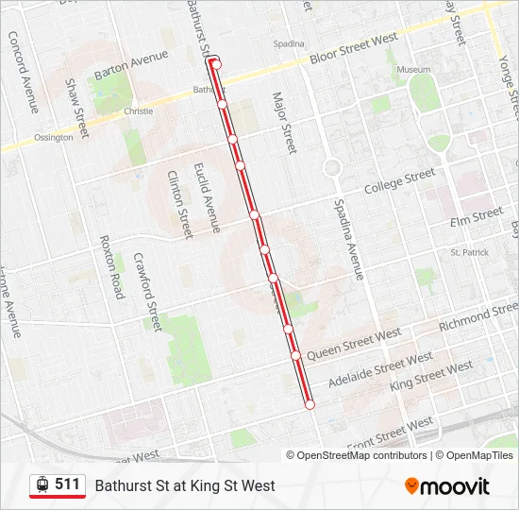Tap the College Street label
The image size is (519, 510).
pyautogui.click(x=400, y=179)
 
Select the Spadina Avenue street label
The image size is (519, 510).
pyautogui.click(x=348, y=240)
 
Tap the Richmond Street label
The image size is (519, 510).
pyautogui.click(x=478, y=315)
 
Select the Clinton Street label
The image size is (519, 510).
pyautogui.click(x=179, y=204)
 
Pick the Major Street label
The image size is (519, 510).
pyautogui.click(x=284, y=123)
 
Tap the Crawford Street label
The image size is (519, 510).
pyautogui.click(x=148, y=291)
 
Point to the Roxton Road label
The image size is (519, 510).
pyautogui.click(x=111, y=267)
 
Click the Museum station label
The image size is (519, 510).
pyautogui.click(x=413, y=70)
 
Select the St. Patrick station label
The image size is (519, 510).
pyautogui.click(x=469, y=252)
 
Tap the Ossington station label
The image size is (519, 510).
pyautogui.click(x=53, y=138)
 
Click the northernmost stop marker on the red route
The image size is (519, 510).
pyautogui.click(x=216, y=64)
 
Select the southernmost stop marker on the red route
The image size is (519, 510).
pyautogui.click(x=310, y=404)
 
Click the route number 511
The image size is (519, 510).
pyautogui.click(x=67, y=484)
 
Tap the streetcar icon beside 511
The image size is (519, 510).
pyautogui.click(x=42, y=484)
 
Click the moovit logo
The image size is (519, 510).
pyautogui.click(x=447, y=486)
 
